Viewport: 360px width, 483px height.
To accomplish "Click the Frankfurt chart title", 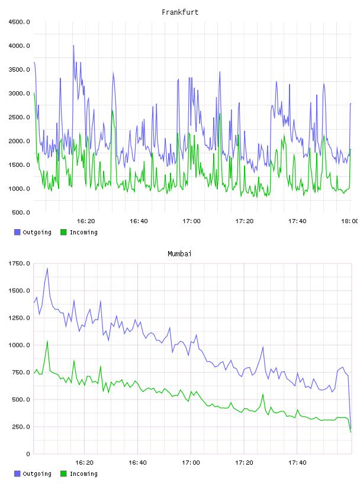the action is [x=180, y=12].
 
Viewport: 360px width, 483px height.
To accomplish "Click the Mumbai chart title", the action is [x=179, y=254].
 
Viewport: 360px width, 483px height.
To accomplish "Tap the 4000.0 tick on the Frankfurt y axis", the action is [x=19, y=46].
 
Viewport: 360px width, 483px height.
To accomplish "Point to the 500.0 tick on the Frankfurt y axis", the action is [x=21, y=212].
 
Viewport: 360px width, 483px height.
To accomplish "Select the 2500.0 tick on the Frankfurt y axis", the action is [x=19, y=117].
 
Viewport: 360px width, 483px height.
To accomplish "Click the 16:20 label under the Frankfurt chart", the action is [x=86, y=221].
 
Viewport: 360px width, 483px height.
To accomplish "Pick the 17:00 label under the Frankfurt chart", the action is [x=191, y=221].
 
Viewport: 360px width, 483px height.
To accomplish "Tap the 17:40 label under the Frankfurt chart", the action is [x=297, y=221].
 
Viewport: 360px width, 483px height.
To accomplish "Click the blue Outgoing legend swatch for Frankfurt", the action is [x=17, y=232].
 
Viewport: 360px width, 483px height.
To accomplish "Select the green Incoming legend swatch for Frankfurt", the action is [x=63, y=232].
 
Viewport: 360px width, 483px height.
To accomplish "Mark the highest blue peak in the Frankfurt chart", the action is [x=73, y=46].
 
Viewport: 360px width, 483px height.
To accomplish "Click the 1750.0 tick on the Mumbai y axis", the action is [x=19, y=263].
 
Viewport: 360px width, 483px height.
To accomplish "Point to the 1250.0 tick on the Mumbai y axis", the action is [x=19, y=318].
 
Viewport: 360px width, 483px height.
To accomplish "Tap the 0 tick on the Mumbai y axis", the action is [x=28, y=454].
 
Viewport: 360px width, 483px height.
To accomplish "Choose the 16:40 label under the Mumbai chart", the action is [x=137, y=463].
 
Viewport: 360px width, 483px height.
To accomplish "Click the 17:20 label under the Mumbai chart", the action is [x=244, y=463].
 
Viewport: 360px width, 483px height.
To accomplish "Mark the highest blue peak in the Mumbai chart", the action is [x=47, y=268].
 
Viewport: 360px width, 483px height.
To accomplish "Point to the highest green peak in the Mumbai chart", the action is [x=47, y=341].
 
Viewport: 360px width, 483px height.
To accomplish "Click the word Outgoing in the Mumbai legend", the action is [x=37, y=474].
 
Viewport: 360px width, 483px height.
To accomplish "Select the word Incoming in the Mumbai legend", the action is [x=83, y=474].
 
